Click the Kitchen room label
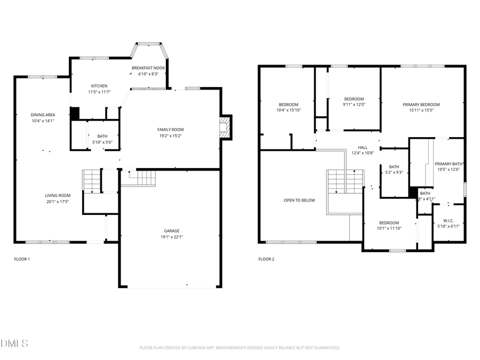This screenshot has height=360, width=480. (x=99, y=86)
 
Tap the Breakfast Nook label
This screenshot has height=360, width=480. (x=148, y=68)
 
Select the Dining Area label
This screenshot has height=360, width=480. (x=43, y=115)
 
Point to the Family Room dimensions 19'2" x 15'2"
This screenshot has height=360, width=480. (x=170, y=135)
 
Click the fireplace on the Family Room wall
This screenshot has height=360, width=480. (x=226, y=128)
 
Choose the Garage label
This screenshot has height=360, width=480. (x=171, y=231)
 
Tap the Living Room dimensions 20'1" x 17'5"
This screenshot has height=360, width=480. (x=58, y=202)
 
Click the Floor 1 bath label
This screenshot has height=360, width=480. (x=102, y=137)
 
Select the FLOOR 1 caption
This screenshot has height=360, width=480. (x=22, y=259)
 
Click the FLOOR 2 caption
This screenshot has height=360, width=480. (x=266, y=259)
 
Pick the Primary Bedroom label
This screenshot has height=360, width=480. (x=421, y=105)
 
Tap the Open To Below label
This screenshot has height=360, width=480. (x=299, y=201)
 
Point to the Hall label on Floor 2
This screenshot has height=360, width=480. (x=363, y=147)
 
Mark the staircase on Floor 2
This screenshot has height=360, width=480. (x=345, y=182)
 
